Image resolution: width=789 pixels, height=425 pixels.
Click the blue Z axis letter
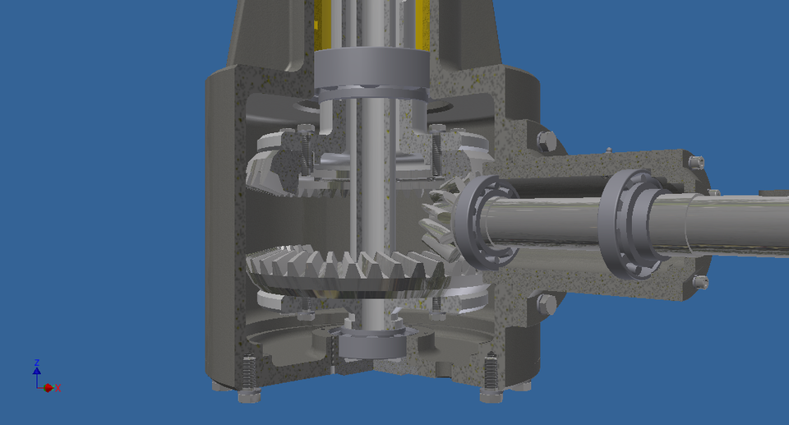[37, 363]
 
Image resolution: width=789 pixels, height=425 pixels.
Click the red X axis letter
[58, 388]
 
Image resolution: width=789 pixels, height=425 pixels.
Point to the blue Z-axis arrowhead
[37, 372]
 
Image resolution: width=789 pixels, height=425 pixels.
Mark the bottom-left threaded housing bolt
[249, 377]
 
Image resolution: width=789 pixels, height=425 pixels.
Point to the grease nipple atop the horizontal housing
[608, 150]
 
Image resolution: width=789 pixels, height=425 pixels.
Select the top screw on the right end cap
[697, 162]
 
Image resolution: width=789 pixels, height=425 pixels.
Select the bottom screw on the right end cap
[699, 282]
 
